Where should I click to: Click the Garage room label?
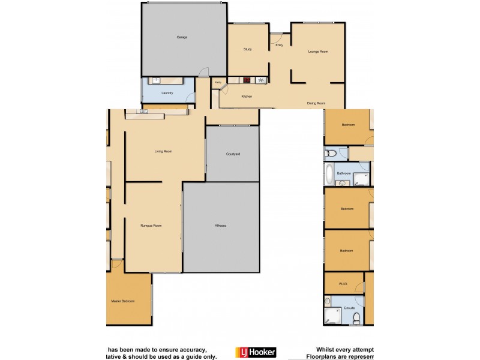[182, 37]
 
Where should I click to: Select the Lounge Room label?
[318, 52]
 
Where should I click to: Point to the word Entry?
[279, 45]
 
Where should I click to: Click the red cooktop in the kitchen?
[247, 80]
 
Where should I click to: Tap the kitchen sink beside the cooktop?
[260, 80]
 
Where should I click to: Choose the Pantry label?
[218, 82]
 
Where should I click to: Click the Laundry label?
[167, 93]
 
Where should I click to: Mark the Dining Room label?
[316, 103]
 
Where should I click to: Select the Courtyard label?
[233, 154]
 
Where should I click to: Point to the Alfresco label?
[221, 226]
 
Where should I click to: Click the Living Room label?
[164, 151]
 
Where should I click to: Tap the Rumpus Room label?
[151, 226]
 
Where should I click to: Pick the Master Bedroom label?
[123, 301]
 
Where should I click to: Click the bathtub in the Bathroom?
[329, 174]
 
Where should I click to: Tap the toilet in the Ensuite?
[356, 318]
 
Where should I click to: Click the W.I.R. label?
[343, 284]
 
